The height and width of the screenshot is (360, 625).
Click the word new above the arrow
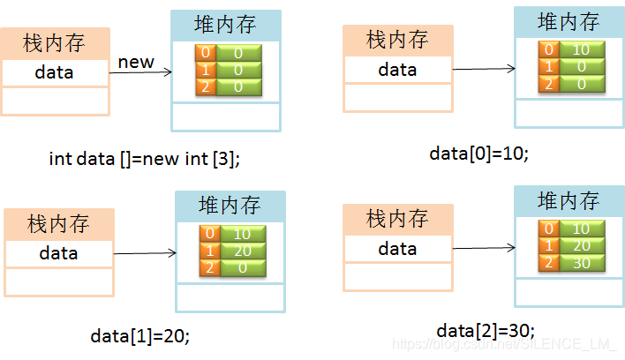point(136,62)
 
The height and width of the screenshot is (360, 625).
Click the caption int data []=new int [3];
point(144,159)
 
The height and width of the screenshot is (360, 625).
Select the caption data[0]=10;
point(478,153)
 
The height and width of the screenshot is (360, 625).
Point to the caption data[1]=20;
point(139,336)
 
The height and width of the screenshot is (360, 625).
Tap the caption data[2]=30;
point(486,330)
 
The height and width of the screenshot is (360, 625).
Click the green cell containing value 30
point(581,264)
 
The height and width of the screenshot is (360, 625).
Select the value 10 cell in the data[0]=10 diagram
point(581,49)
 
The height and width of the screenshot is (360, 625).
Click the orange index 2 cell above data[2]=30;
point(549,264)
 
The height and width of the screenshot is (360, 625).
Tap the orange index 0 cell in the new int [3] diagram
point(206,53)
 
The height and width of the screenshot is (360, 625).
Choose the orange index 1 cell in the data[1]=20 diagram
point(209,251)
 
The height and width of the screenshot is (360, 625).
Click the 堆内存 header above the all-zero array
point(226,25)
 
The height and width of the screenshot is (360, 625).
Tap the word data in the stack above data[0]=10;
point(397,69)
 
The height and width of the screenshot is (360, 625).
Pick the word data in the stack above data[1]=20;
point(58,253)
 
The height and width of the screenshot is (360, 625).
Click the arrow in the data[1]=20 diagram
point(143,254)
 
